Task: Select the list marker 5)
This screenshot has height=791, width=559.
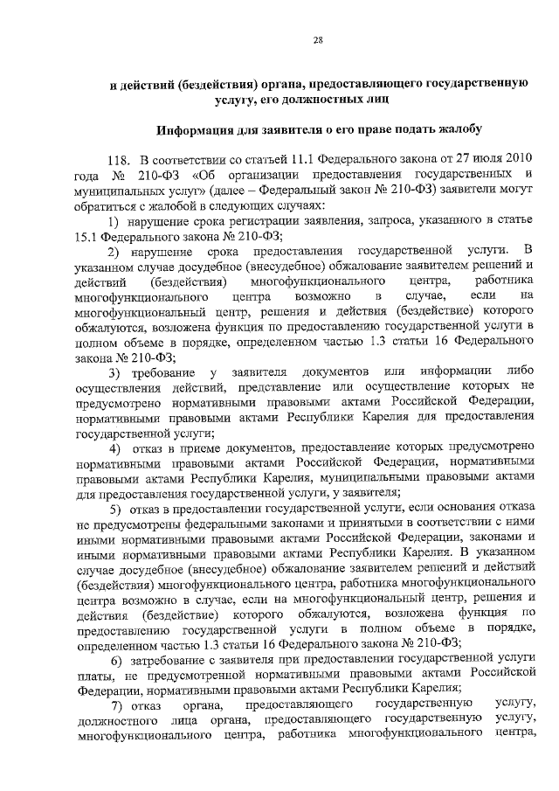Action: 114,509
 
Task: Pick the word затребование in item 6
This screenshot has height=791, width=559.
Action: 170,656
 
